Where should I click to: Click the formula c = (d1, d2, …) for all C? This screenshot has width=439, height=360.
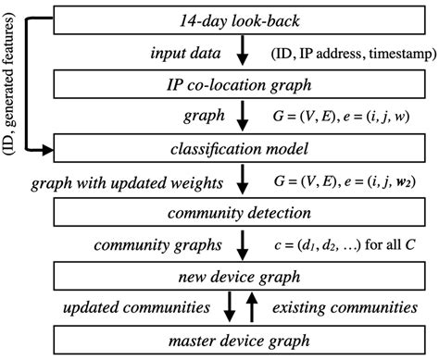pos(344,244)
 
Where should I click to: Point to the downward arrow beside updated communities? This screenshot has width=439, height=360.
pos(232,307)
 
